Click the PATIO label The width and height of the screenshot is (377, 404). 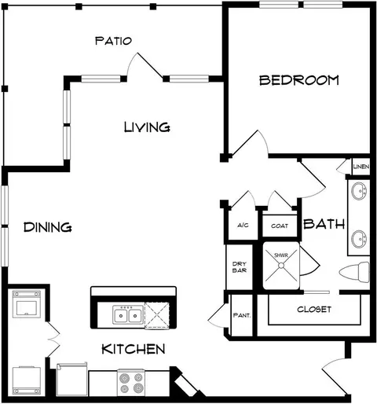click(113, 41)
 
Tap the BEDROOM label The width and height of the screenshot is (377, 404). click(299, 80)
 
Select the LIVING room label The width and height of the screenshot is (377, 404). click(147, 127)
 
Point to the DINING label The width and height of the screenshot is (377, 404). click(48, 227)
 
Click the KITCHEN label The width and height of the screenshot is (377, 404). click(134, 349)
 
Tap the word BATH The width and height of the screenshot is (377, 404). click(324, 224)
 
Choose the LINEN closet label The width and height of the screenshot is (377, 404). click(361, 167)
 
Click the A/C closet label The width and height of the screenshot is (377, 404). click(243, 225)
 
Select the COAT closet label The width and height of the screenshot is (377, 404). click(280, 226)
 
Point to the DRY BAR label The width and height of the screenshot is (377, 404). click(240, 267)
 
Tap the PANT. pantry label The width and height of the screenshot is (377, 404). click(242, 315)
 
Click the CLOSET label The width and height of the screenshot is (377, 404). click(314, 310)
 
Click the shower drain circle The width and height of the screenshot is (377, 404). click(281, 266)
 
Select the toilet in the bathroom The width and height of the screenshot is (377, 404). click(354, 272)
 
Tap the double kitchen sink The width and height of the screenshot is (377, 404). click(128, 315)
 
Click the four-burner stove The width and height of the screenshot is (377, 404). click(131, 383)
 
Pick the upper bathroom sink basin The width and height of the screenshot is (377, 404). click(359, 191)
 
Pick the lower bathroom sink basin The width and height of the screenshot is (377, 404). click(359, 239)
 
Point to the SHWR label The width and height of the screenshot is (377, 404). click(281, 255)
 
